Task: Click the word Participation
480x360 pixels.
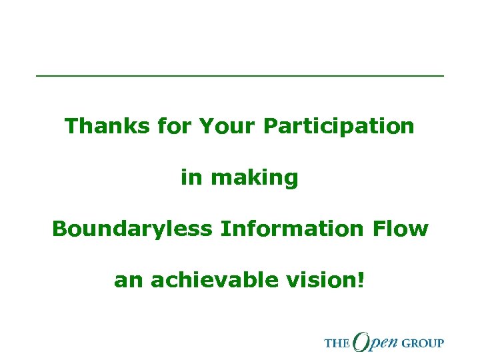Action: point(339,126)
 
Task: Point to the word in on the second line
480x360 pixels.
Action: point(191,177)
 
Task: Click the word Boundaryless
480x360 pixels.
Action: point(131,229)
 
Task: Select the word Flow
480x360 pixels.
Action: point(400,229)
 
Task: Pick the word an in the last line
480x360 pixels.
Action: point(129,281)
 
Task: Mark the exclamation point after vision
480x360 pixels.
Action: point(361,280)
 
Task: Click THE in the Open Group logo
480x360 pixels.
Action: point(337,343)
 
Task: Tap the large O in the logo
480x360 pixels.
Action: point(365,341)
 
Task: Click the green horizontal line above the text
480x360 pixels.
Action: point(239,77)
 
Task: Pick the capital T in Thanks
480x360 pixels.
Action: point(71,125)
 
